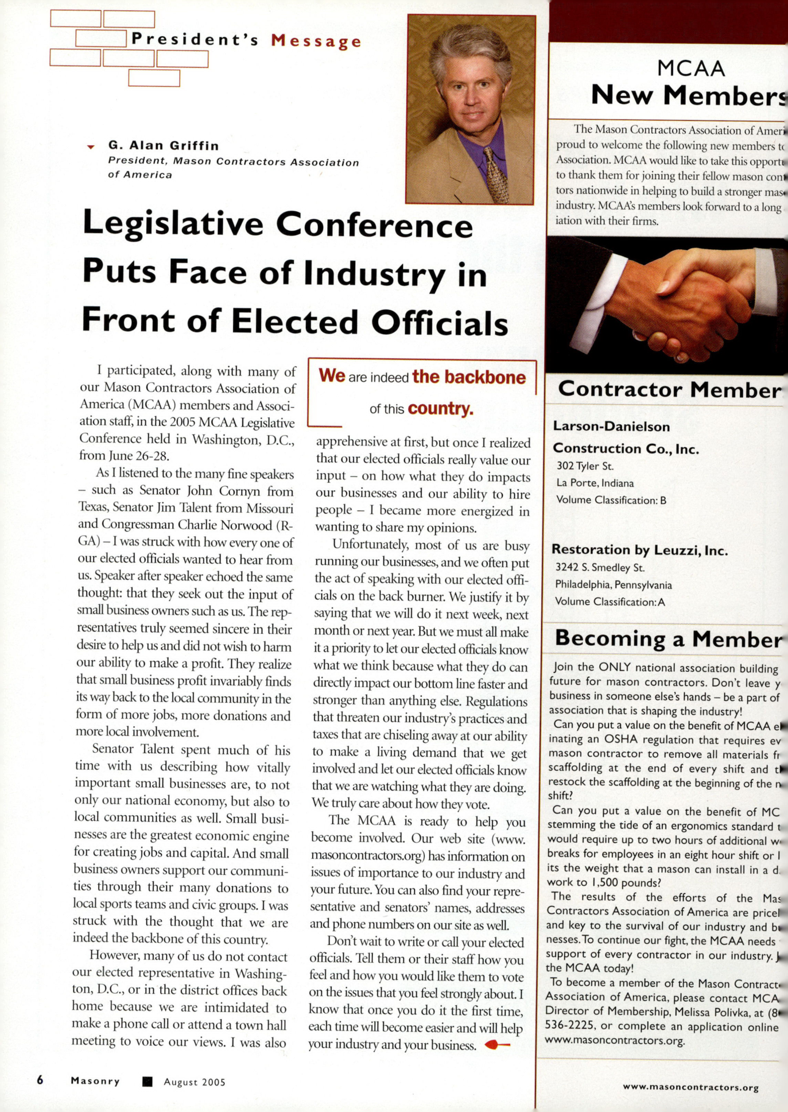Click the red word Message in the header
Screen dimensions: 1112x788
pos(316,41)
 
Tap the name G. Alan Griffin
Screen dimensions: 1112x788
pos(164,145)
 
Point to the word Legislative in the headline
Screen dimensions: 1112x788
pos(173,224)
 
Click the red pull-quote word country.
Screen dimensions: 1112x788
pos(440,409)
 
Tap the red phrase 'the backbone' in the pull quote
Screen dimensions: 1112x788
pos(469,377)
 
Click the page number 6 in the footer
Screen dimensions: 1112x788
pos(40,1080)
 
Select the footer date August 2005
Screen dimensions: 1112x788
pos(195,1082)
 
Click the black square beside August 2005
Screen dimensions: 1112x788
pos(147,1082)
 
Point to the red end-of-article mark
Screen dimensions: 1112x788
pos(496,1045)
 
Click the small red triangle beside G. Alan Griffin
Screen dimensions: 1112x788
pos(91,147)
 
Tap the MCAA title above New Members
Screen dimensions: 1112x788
pos(691,69)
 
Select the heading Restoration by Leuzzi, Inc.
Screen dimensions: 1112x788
pos(639,550)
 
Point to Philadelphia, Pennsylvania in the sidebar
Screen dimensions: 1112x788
pos(613,585)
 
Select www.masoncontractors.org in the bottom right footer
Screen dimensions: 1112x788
pos(690,1087)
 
